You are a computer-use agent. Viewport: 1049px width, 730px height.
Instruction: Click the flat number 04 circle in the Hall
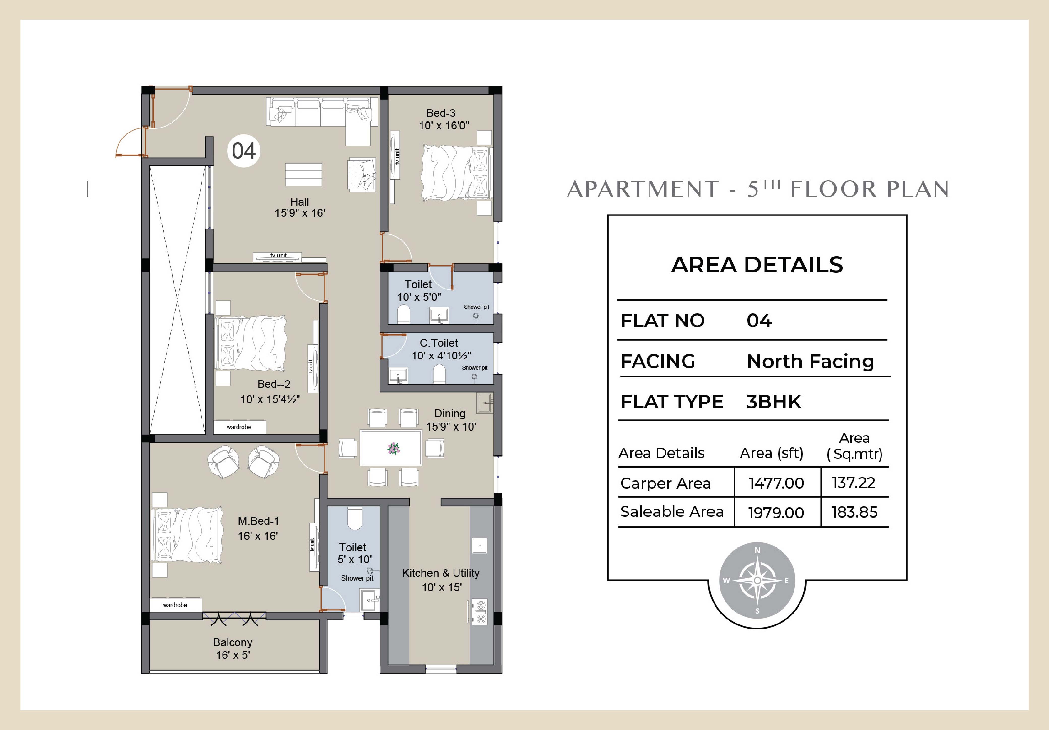click(x=243, y=151)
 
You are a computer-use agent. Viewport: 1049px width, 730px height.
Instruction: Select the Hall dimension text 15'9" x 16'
click(x=300, y=213)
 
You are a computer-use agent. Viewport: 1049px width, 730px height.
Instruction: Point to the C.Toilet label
click(x=439, y=343)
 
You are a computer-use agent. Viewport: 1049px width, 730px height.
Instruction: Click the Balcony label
click(x=233, y=642)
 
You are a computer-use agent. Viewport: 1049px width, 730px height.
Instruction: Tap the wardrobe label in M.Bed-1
click(x=175, y=605)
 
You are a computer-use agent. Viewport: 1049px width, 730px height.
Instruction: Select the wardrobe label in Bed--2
click(x=239, y=427)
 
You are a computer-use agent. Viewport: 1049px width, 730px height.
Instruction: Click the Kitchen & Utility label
click(x=440, y=573)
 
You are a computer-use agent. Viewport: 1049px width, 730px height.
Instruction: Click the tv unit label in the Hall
click(x=278, y=255)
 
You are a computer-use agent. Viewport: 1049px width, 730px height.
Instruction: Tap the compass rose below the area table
click(x=757, y=581)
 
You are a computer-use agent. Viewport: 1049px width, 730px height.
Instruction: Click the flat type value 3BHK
click(x=774, y=402)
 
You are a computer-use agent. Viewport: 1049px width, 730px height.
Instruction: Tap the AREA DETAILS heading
click(x=757, y=265)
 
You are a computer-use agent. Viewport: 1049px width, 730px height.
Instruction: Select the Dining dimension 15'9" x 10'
click(x=451, y=427)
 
